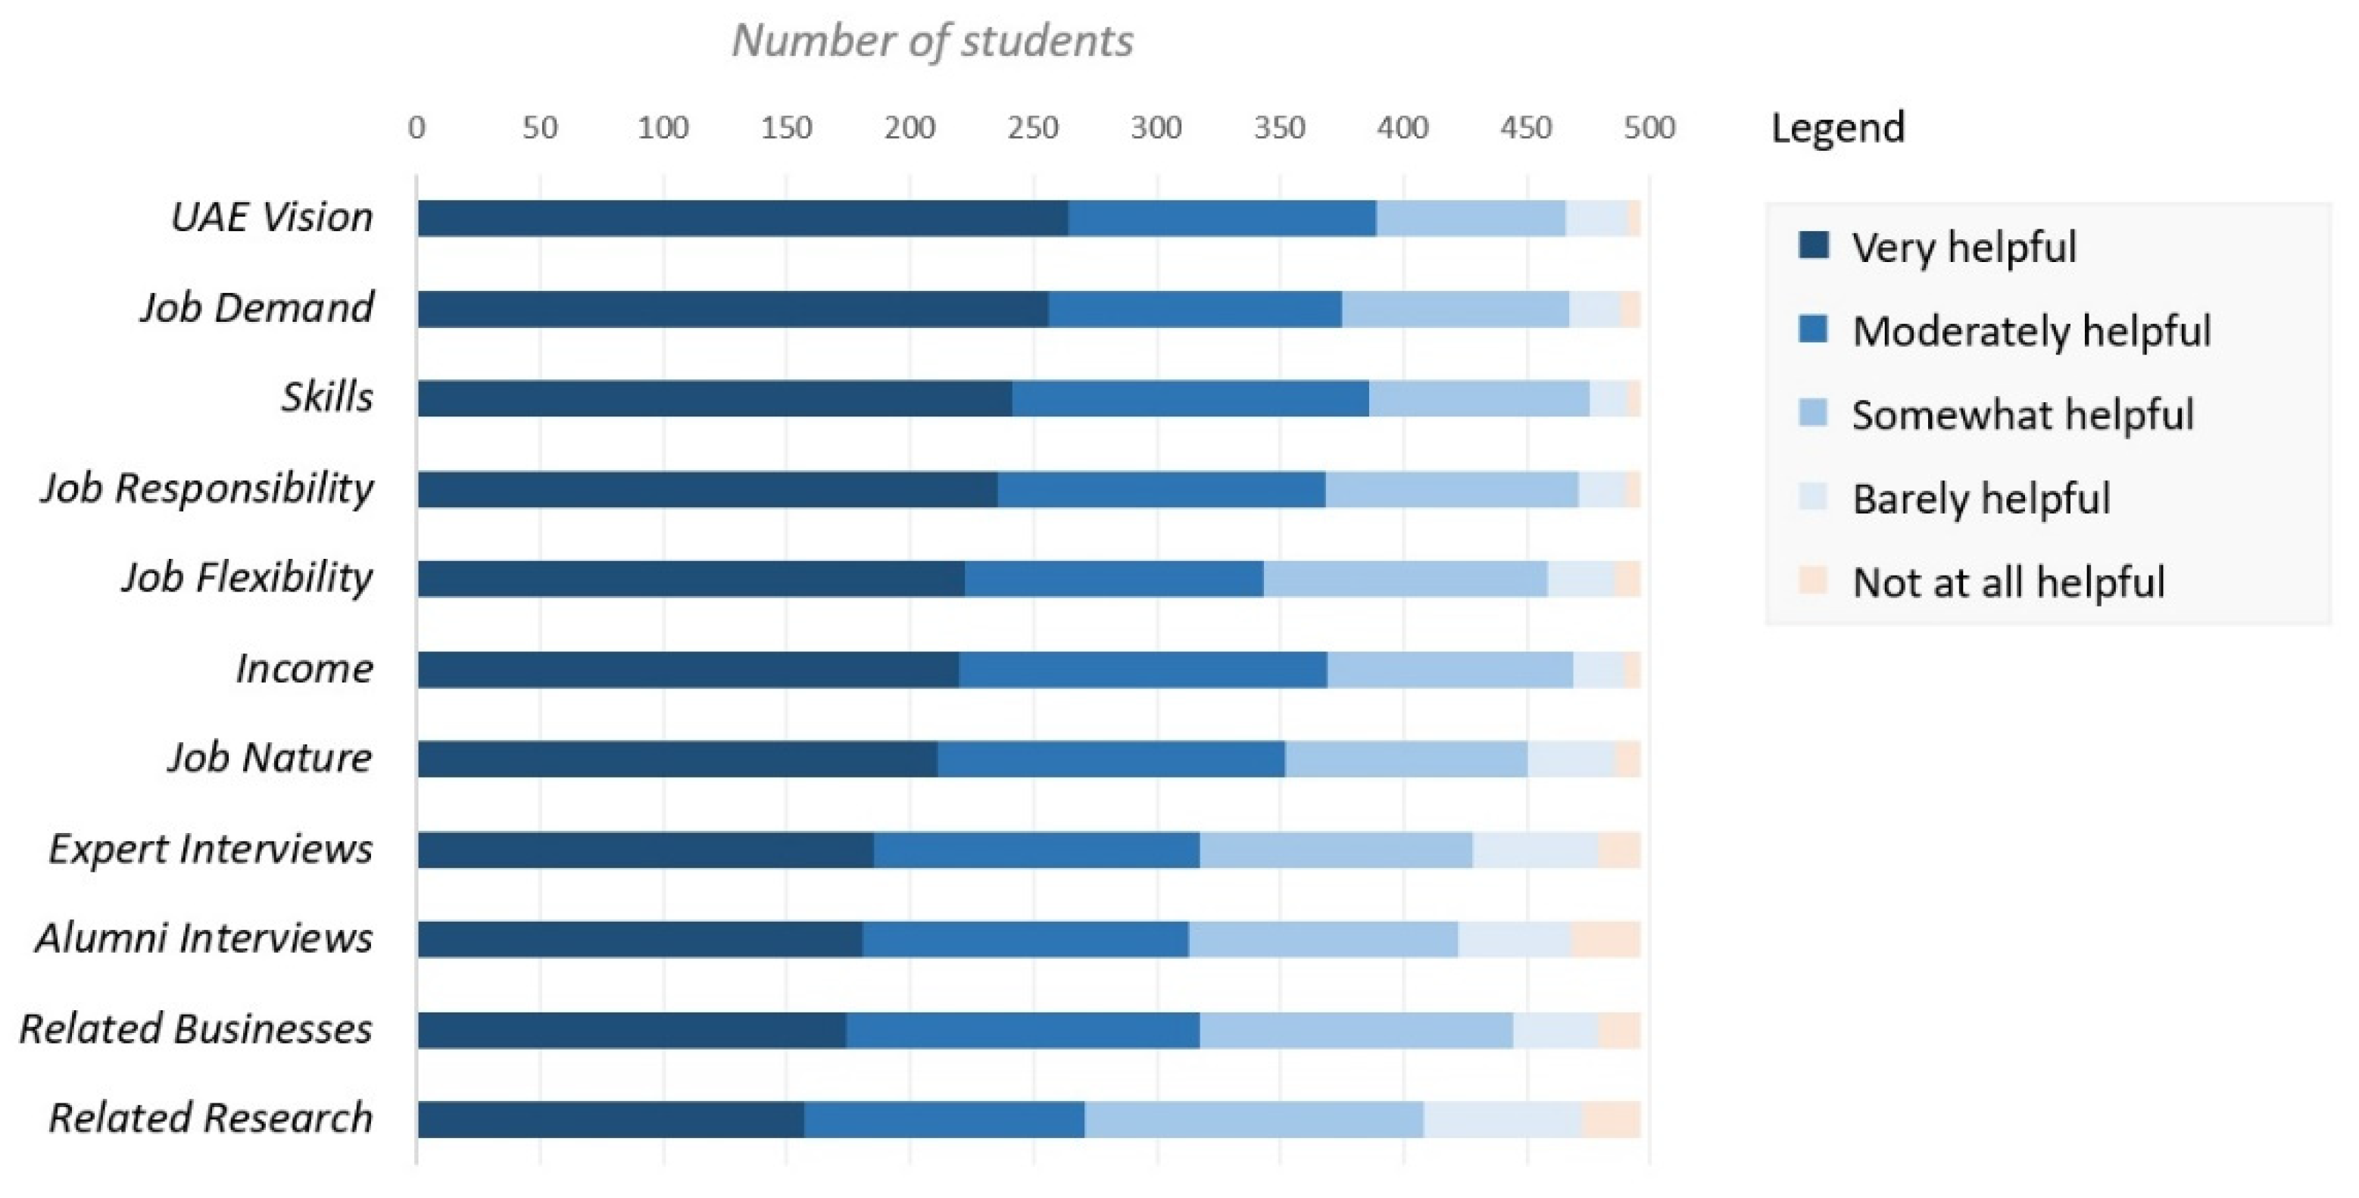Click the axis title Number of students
[x=932, y=41]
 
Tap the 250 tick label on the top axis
[x=1033, y=127]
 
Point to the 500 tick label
[x=1649, y=127]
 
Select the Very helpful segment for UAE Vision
[x=741, y=219]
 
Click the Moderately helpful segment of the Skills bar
[x=1190, y=399]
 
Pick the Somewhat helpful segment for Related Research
[x=1253, y=1119]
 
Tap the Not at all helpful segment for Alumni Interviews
[x=1605, y=940]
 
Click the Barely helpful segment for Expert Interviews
[x=1535, y=850]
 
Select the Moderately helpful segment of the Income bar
[x=1143, y=669]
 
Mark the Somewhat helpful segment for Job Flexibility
[x=1406, y=579]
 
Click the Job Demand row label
[x=257, y=307]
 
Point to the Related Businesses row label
[x=196, y=1028]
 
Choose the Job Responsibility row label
[x=207, y=488]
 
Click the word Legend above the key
[x=1837, y=127]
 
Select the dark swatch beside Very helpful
[x=1813, y=245]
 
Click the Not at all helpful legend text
[x=2008, y=582]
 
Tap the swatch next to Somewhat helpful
[x=1813, y=413]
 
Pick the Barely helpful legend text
[x=1981, y=498]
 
